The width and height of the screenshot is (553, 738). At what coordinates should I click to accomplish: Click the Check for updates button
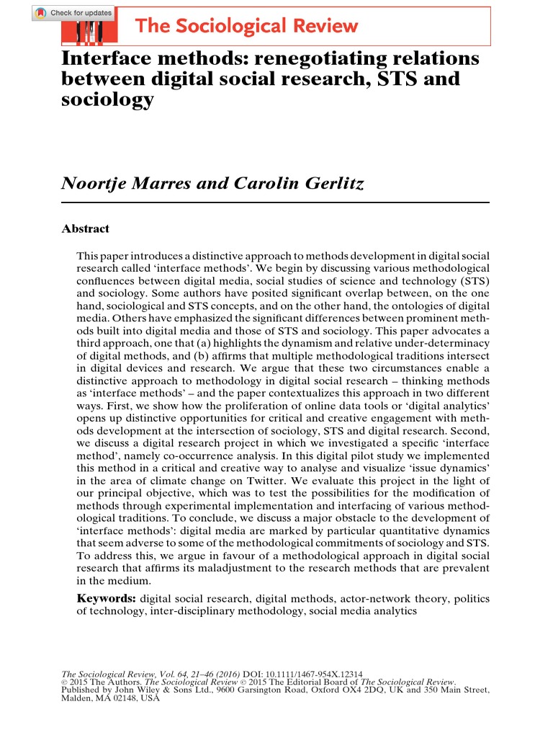[x=73, y=14]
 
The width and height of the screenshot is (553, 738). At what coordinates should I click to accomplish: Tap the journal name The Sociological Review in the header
[x=246, y=27]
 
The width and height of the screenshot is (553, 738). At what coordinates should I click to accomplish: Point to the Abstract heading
[x=86, y=229]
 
